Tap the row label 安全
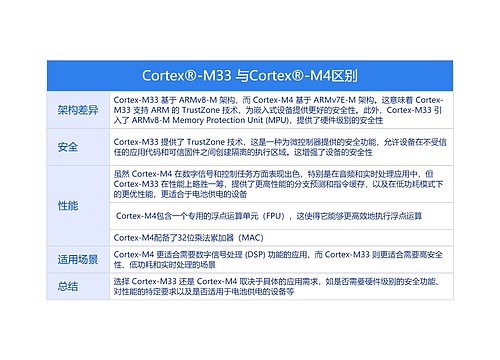click(x=68, y=148)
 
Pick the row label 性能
click(x=68, y=206)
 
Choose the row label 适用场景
click(x=77, y=260)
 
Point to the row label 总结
click(x=68, y=287)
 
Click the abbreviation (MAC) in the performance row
click(x=248, y=237)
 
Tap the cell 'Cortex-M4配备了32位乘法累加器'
click(x=190, y=237)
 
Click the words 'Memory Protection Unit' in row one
click(x=215, y=120)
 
